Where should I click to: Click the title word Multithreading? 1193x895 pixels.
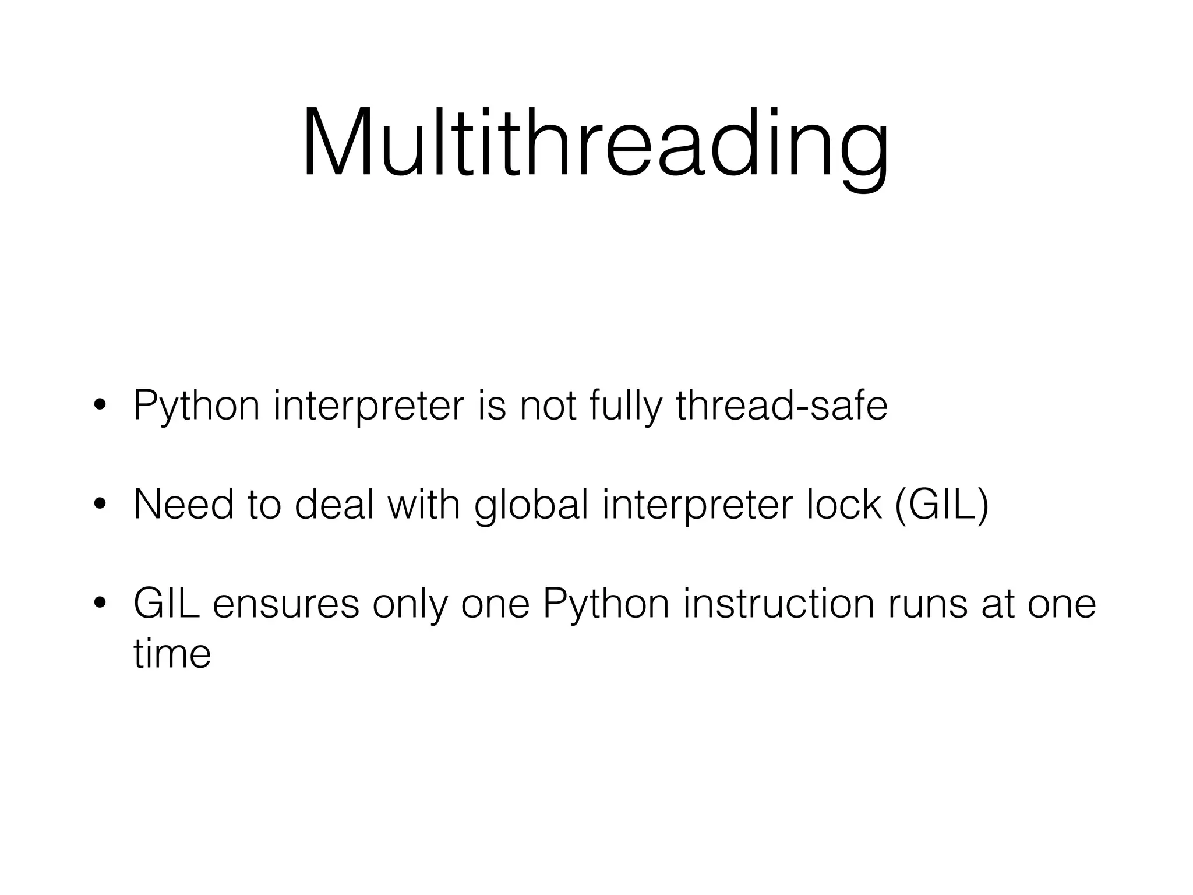(x=595, y=143)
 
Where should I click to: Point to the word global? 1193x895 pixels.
(x=531, y=505)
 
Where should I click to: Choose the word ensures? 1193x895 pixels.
(x=285, y=604)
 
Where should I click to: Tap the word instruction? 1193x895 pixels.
(x=779, y=604)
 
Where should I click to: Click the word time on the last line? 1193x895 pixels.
(x=172, y=654)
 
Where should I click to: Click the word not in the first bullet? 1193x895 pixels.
(x=547, y=406)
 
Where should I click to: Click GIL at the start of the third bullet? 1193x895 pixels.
(x=167, y=604)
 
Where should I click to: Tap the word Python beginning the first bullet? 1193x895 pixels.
(x=197, y=406)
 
